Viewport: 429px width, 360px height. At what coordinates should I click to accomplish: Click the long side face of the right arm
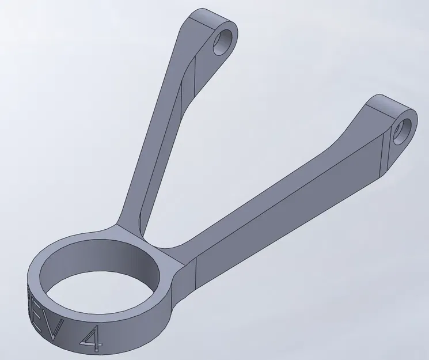tap(288, 230)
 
